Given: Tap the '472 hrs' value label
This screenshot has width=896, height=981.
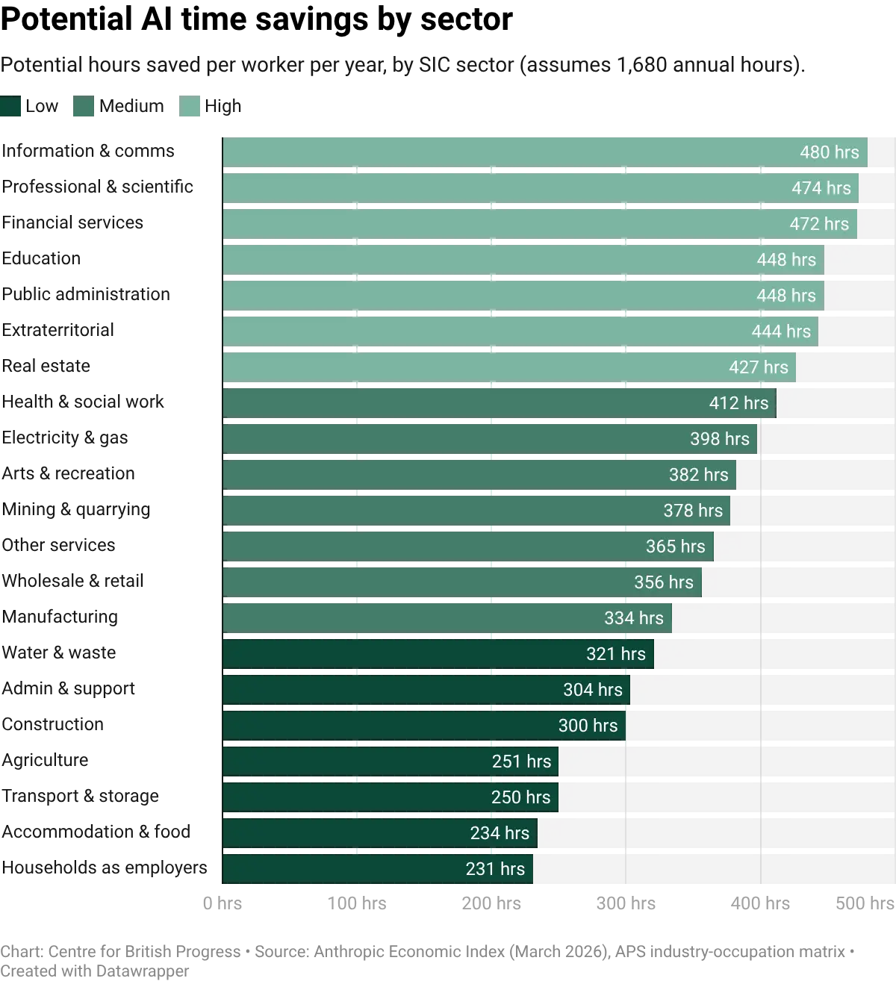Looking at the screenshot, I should [x=819, y=224].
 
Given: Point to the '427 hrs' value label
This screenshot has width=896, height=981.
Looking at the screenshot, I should [x=759, y=367].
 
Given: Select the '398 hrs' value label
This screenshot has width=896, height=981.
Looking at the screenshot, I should [x=720, y=439].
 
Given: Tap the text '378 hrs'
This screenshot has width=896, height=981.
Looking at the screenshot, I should [x=693, y=511].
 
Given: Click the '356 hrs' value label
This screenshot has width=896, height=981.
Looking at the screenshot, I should [x=664, y=582].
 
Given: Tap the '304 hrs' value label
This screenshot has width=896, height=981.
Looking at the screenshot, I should [x=593, y=690].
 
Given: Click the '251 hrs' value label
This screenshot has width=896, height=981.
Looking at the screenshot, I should [x=521, y=762].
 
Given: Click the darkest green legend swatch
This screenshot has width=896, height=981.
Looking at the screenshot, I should [x=11, y=107].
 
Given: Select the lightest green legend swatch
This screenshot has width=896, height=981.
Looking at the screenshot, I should [x=191, y=107].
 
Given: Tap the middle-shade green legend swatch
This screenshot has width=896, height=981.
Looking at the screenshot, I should [x=84, y=107].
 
